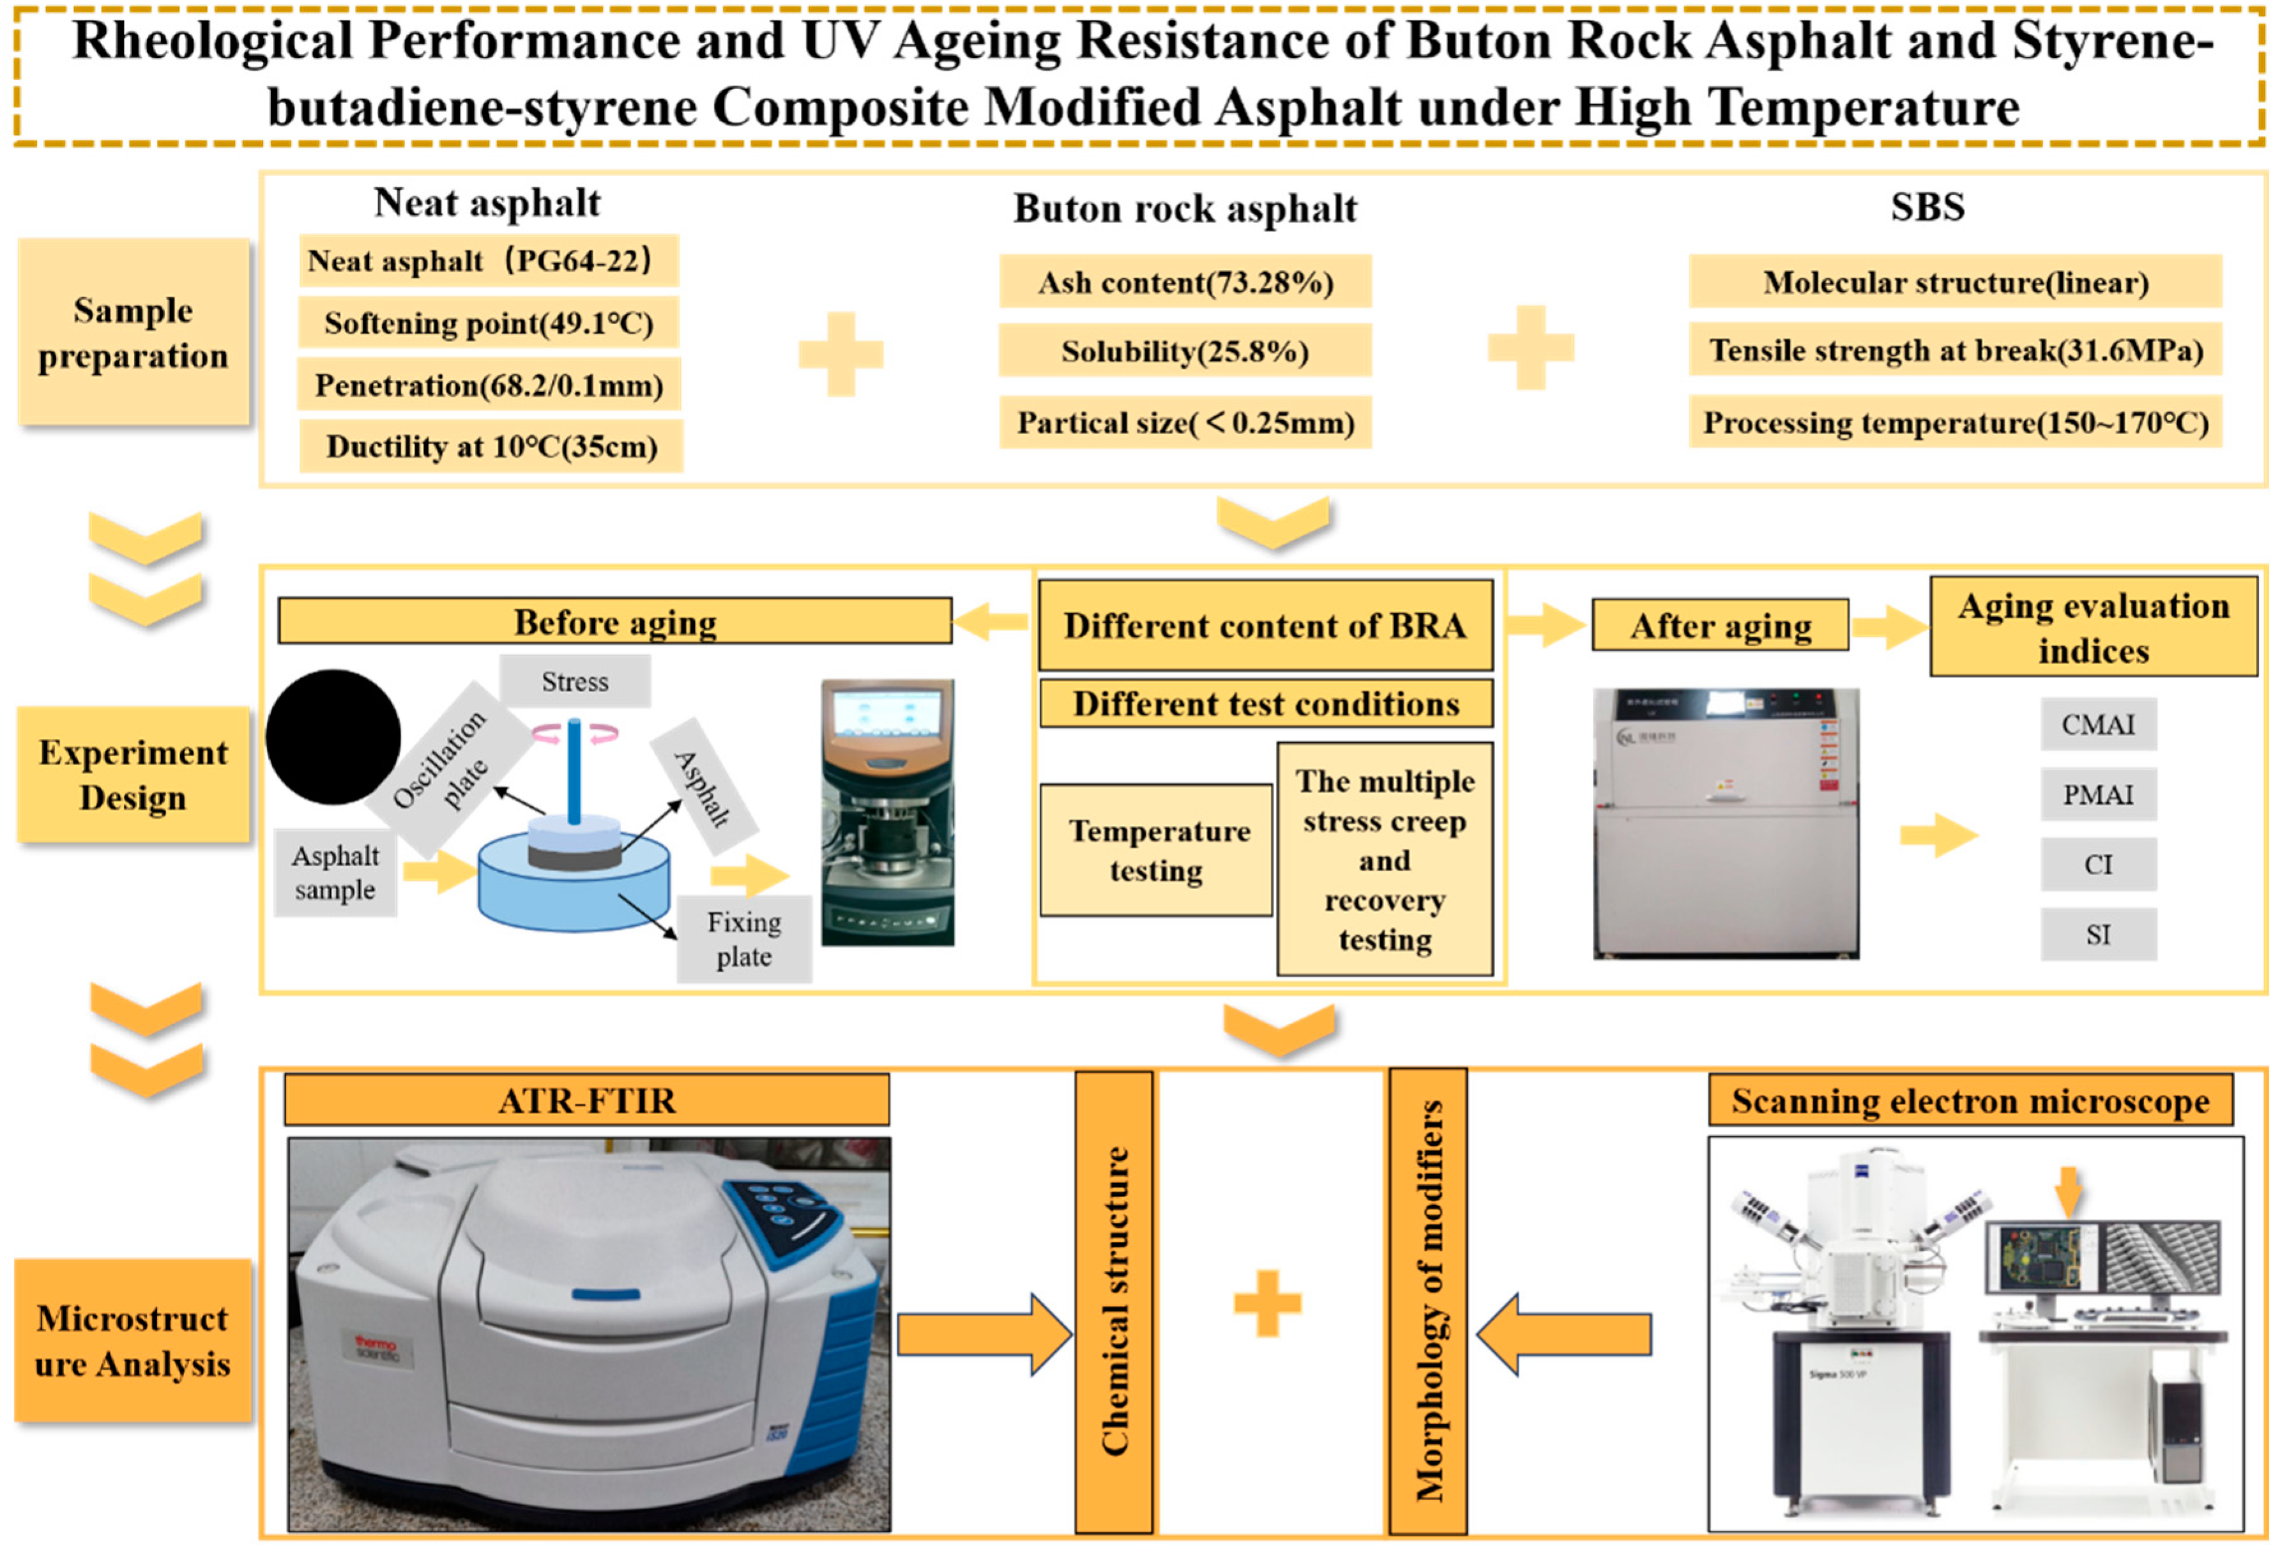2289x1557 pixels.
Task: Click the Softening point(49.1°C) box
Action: point(489,323)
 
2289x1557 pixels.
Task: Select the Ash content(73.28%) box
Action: point(1185,283)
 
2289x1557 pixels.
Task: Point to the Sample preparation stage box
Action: point(133,333)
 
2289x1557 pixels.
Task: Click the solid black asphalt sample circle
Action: point(333,736)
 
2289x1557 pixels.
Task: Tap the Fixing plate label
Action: point(743,938)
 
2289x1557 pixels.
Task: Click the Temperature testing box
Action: point(1157,849)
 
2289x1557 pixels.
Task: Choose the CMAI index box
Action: point(2098,724)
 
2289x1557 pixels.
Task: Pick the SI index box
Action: point(2098,933)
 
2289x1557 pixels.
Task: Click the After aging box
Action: point(1720,626)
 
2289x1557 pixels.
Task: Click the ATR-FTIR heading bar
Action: point(587,1100)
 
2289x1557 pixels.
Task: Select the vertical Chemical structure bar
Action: point(1114,1301)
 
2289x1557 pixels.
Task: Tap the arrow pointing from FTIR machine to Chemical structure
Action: point(983,1335)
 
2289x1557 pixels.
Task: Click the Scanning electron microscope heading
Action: point(1970,1100)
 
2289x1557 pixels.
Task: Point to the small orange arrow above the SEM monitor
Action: point(2069,1189)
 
